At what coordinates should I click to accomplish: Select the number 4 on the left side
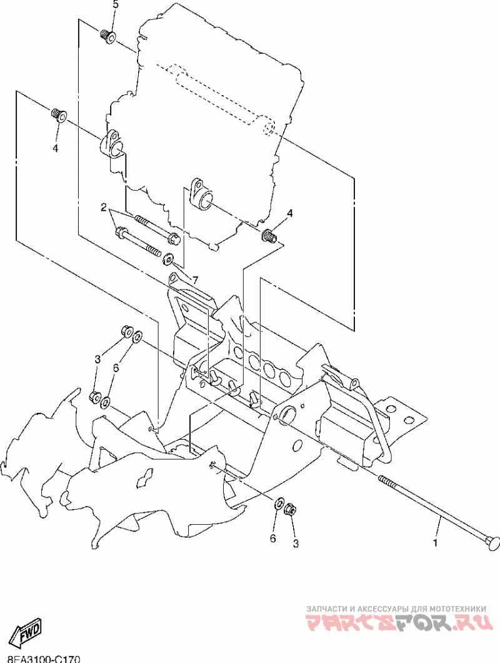point(56,148)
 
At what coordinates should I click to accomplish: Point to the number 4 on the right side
point(289,213)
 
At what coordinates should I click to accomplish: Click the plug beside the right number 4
point(269,235)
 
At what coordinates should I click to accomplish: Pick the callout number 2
point(103,207)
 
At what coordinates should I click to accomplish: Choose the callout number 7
point(195,280)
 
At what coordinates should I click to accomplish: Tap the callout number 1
point(436,542)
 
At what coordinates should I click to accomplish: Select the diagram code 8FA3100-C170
point(40,659)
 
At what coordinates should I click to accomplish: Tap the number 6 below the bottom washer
point(273,539)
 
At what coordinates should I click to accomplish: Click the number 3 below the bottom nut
point(296,544)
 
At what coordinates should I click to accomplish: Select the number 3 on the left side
point(97,360)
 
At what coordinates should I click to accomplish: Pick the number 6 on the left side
point(116,368)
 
